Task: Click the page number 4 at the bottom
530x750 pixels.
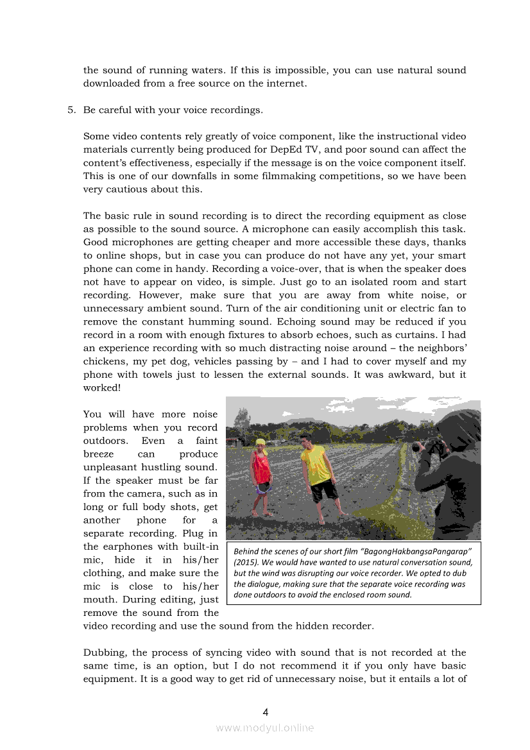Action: tap(265, 712)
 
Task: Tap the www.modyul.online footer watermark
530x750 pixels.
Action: tap(265, 728)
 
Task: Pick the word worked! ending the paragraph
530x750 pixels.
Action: tap(102, 388)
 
